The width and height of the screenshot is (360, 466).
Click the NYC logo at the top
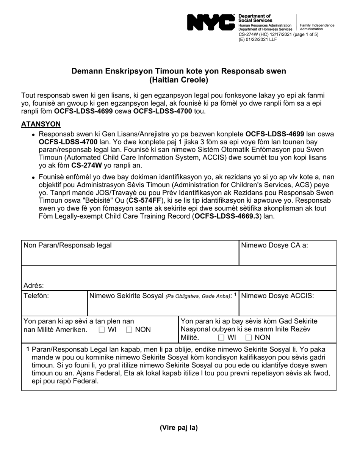coord(211,22)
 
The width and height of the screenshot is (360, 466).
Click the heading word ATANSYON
coord(41,124)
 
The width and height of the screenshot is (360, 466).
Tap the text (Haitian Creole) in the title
coord(178,80)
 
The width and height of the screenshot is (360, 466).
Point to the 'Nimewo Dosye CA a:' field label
coord(274,245)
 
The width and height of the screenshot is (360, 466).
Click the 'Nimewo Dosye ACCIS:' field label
coord(277,296)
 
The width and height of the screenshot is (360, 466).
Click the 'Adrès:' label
coord(34,286)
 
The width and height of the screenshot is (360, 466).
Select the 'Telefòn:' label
coord(36,296)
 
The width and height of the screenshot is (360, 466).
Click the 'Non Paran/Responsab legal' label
coord(67,245)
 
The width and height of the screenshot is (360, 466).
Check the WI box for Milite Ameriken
coord(102,330)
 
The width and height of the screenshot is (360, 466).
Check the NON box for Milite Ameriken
coord(129,330)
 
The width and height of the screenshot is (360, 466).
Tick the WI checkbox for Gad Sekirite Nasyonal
coord(221,338)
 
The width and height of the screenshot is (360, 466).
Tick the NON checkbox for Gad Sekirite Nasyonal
coord(249,338)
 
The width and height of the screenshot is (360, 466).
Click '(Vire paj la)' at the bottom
coord(178,428)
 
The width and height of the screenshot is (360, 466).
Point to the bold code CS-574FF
coord(144,200)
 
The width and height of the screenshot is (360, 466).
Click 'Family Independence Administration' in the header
coord(317,27)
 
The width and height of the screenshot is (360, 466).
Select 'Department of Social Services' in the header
coord(255,18)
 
